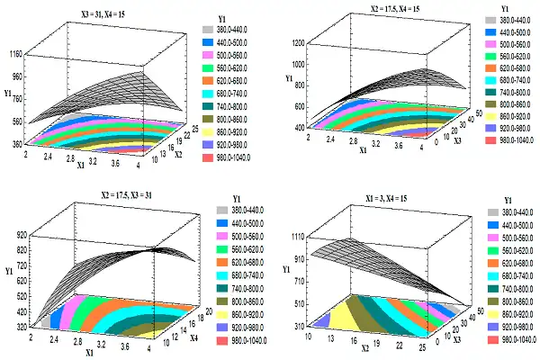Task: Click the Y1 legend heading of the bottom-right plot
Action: click(x=509, y=200)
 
